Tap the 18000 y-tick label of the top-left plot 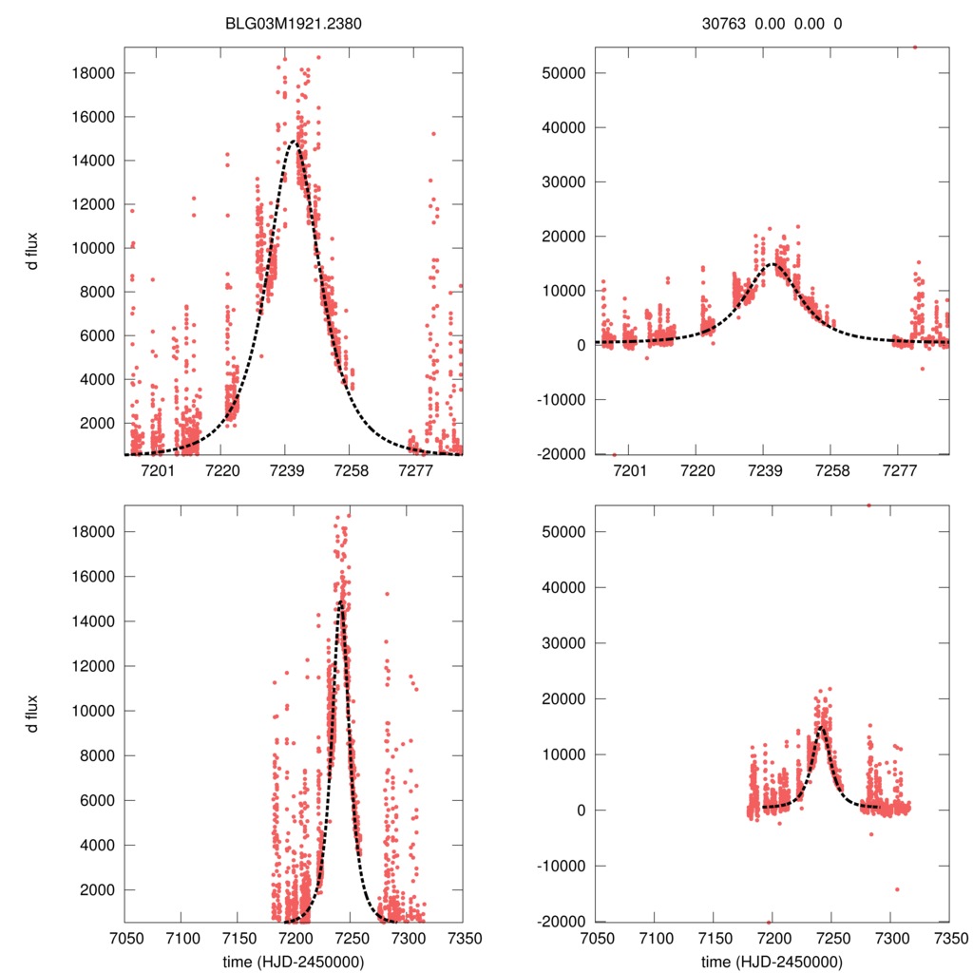94,73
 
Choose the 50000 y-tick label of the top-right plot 568,73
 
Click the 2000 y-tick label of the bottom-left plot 98,889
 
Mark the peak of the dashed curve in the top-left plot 293,143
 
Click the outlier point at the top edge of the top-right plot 915,47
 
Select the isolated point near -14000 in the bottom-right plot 897,889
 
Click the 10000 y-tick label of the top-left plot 94,248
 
